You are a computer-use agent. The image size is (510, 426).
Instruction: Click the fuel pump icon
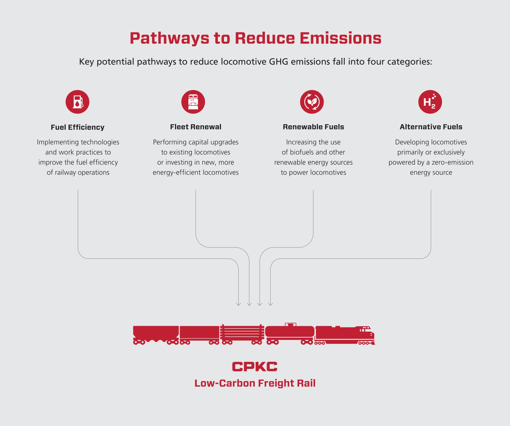point(77,102)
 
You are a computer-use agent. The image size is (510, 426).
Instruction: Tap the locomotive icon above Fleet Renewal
point(193,102)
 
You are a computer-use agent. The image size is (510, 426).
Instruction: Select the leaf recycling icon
point(312,102)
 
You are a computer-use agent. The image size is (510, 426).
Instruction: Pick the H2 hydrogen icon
point(430,102)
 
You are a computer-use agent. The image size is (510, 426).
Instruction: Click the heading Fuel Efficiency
point(77,127)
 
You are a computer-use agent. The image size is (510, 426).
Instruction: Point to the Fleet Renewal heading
point(195,127)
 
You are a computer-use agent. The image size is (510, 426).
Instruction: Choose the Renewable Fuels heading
point(313,127)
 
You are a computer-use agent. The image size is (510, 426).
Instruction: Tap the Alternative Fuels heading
point(431,127)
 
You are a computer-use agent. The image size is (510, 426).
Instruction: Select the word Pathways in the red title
point(169,38)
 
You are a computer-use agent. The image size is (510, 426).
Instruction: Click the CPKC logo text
point(255,367)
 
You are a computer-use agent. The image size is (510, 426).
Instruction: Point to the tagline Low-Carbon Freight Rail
point(255,383)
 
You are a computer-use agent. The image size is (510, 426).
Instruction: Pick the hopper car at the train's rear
point(156,333)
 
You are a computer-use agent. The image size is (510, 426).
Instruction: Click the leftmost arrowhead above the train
point(238,304)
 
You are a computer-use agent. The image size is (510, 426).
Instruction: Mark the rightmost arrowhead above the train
point(271,304)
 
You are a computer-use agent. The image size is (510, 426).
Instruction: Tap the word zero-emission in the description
point(452,162)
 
